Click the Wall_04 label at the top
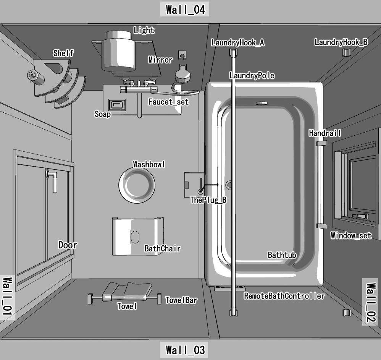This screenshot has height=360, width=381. (x=186, y=9)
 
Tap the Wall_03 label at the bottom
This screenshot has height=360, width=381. (x=186, y=350)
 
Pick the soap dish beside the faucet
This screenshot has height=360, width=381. (x=116, y=104)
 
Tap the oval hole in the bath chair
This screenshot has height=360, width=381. (x=136, y=237)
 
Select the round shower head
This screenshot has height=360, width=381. (x=182, y=75)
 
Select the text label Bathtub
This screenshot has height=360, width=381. (x=282, y=255)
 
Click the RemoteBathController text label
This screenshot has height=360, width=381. (x=284, y=296)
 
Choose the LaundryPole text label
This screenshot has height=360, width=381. (x=252, y=76)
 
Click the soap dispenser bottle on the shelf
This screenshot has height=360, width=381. (x=36, y=77)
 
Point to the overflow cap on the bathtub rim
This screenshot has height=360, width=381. (x=262, y=103)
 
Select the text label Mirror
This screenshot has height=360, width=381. (x=160, y=60)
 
